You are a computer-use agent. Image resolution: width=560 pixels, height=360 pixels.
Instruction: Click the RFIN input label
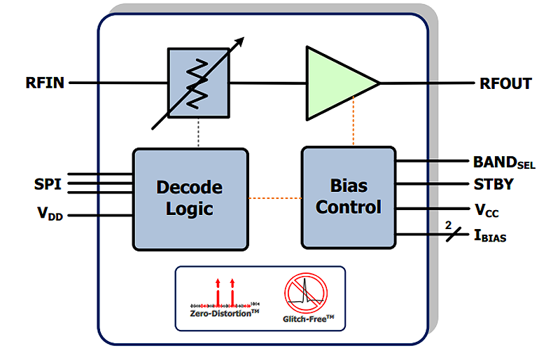coord(45,83)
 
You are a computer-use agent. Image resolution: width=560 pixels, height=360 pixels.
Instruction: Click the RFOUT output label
coord(505,84)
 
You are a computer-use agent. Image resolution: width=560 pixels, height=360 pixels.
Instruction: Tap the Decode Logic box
coord(190,198)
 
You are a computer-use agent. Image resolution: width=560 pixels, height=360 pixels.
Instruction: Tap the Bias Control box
coord(348,197)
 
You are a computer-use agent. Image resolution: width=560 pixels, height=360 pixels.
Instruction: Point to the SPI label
coord(48,185)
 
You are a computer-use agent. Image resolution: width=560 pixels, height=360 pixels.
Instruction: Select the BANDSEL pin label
coord(504,162)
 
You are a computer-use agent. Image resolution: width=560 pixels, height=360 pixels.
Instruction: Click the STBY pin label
coord(493,185)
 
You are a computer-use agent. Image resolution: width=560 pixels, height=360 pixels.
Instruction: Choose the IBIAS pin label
coord(490,236)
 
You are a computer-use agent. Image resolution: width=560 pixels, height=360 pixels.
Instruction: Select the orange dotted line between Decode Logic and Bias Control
coord(274,198)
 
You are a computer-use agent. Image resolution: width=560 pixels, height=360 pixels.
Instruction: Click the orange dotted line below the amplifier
coord(353,123)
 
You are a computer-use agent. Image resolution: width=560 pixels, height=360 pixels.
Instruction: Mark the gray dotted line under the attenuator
coord(199,133)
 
